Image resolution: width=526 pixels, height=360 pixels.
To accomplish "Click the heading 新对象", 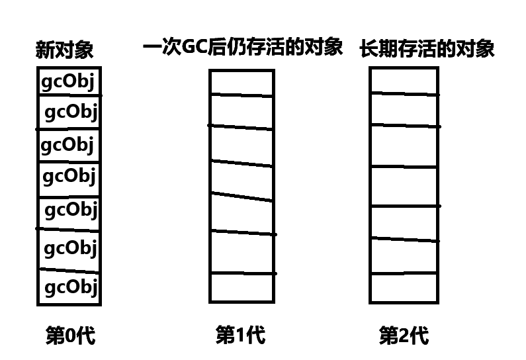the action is coord(65,50).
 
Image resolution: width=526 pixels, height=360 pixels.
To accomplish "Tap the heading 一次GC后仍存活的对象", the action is coord(242,48).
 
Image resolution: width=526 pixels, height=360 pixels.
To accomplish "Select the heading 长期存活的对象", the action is coord(427,49).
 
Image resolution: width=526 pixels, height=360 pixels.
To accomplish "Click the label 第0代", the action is coord(69,336).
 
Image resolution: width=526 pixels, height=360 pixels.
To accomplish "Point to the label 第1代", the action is coord(240,336).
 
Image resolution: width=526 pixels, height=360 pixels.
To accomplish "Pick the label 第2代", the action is coord(404,336).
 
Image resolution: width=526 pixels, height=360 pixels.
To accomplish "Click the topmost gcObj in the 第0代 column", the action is coord(68,81).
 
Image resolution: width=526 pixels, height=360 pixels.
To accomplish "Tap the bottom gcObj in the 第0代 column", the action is coord(71,287).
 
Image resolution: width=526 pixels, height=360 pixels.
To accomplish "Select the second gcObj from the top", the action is coord(71,112).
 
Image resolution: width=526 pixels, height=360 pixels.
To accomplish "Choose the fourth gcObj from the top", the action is coord(69,177).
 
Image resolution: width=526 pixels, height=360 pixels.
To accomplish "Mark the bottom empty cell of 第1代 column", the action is coord(242,287).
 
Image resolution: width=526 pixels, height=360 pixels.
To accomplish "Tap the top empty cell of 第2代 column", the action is coord(404,80).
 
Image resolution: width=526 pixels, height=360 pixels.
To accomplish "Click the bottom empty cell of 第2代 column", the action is coord(404,287).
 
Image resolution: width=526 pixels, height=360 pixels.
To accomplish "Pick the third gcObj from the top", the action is coord(67,144).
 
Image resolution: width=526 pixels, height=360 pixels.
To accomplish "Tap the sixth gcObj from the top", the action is coord(71,248).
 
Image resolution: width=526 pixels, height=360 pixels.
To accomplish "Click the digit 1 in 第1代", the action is coord(240,336).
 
